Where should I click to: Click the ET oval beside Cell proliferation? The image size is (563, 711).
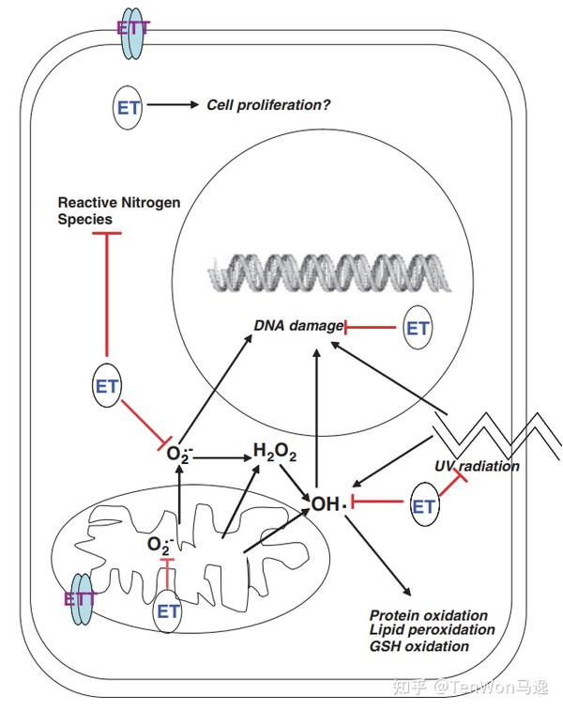tap(129, 106)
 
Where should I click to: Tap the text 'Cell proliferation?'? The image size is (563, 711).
tap(268, 105)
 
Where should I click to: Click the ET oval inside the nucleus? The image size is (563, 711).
tap(418, 328)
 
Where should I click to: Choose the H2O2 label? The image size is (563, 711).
tap(275, 454)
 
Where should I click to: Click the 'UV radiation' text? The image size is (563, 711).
tap(477, 466)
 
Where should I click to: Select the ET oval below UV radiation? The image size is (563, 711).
tap(424, 507)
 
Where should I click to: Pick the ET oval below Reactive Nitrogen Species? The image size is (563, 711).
tap(107, 386)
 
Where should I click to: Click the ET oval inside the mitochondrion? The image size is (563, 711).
tap(169, 611)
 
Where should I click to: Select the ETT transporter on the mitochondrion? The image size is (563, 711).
tap(80, 598)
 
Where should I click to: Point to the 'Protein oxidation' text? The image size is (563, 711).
tap(429, 615)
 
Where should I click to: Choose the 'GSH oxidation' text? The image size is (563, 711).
tap(419, 646)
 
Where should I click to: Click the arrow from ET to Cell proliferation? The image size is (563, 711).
tap(173, 105)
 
